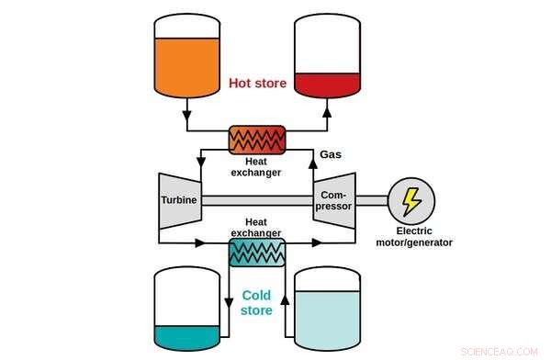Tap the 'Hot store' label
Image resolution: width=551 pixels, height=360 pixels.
point(257,84)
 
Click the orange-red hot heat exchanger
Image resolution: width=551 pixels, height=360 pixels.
point(258,140)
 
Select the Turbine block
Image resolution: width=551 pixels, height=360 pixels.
point(179,199)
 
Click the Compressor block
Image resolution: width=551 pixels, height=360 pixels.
point(334,199)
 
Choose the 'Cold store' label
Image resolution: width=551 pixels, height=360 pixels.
point(257,302)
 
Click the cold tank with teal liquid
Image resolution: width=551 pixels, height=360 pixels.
point(187,312)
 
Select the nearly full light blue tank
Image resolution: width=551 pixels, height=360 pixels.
point(328,312)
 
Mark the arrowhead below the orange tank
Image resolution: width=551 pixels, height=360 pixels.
point(186,117)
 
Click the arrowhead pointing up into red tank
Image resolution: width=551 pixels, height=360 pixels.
point(328,115)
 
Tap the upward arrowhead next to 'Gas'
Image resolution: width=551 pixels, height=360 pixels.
point(310,152)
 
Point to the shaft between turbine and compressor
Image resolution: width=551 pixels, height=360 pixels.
point(257,199)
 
